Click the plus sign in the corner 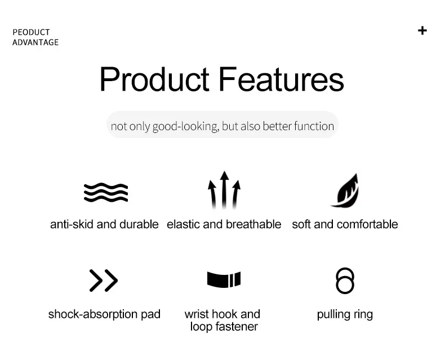[x=422, y=30]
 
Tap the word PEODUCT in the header [x=31, y=32]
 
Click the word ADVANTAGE [x=35, y=42]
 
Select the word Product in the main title [x=154, y=79]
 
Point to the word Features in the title [x=281, y=79]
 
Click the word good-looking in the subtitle [x=186, y=126]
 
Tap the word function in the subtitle [x=314, y=126]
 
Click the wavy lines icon [x=106, y=193]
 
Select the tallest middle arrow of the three [x=224, y=190]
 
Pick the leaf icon [x=345, y=190]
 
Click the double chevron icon [x=103, y=281]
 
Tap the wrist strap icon [x=224, y=279]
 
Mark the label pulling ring [x=345, y=315]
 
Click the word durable [x=139, y=224]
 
